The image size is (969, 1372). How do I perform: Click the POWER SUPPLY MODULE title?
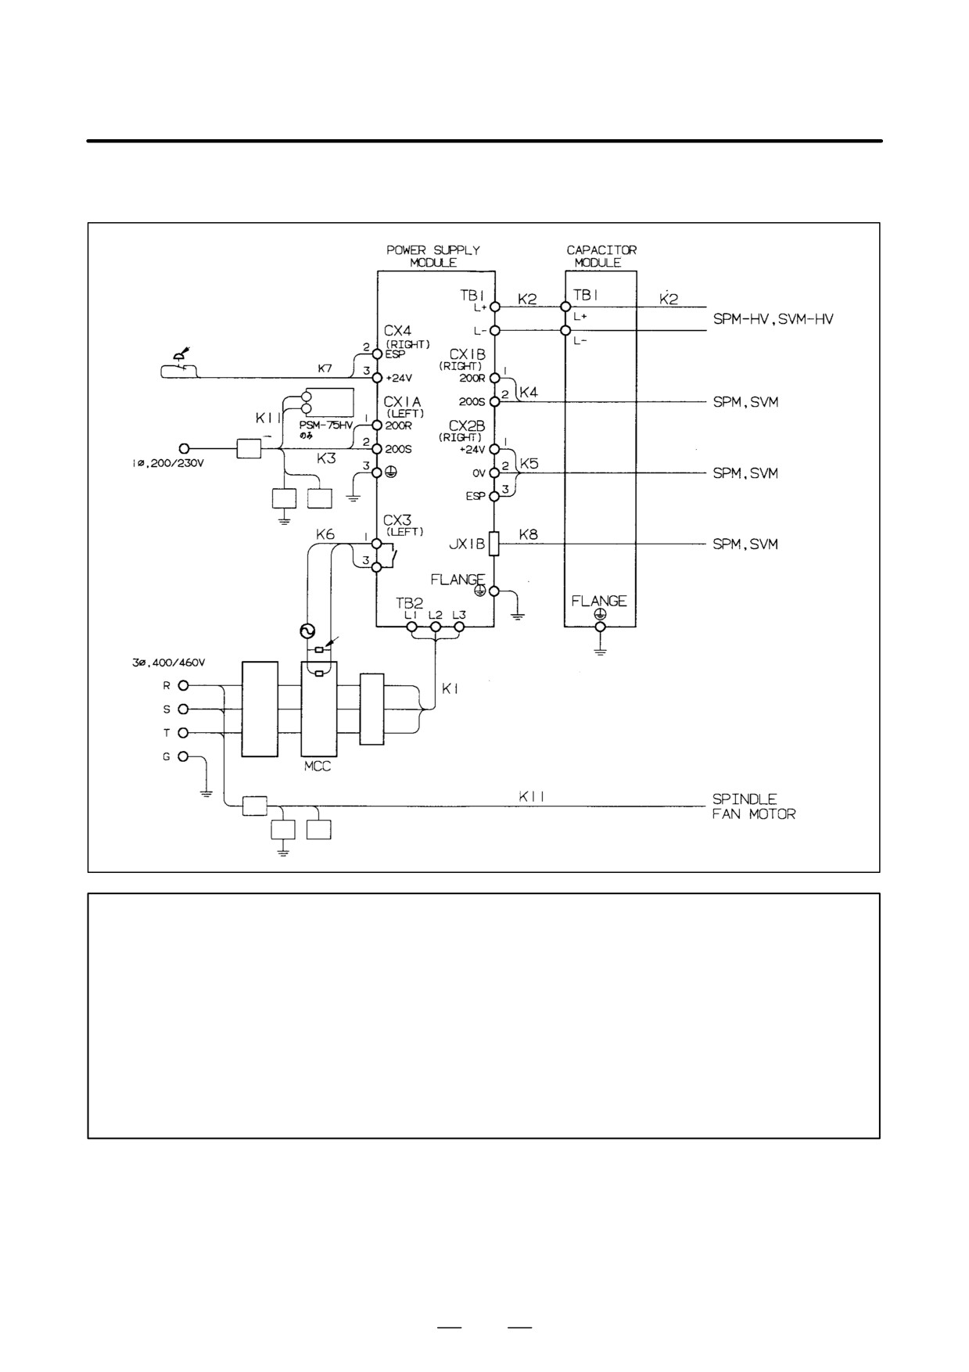433,257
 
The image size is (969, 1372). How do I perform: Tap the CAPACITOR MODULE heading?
601,257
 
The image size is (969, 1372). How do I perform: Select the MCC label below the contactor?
318,767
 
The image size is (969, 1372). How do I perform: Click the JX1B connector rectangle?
493,544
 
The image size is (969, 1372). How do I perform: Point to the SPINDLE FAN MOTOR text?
754,806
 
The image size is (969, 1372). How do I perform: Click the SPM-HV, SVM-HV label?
773,319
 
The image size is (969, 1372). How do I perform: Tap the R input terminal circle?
184,686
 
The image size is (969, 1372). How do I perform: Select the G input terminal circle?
184,756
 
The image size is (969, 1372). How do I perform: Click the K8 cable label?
529,536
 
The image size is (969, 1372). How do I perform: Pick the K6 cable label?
325,534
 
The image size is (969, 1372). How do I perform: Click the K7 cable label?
325,367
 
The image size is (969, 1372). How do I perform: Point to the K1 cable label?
450,689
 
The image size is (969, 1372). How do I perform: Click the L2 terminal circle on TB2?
436,627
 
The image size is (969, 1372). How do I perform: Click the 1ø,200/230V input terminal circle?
184,448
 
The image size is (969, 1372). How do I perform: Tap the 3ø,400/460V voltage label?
168,663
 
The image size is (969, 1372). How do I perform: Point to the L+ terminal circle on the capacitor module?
565,307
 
